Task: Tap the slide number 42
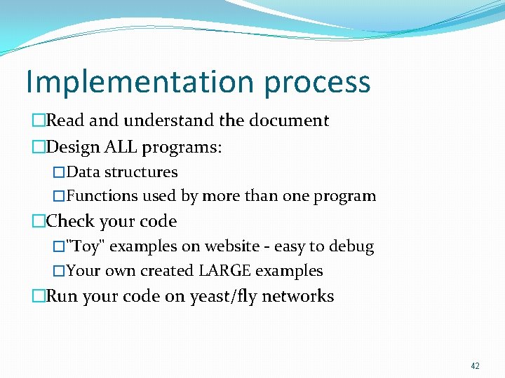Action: tap(475, 366)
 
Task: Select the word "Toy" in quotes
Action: tap(86, 246)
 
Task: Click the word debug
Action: tap(351, 247)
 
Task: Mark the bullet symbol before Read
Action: tap(38, 120)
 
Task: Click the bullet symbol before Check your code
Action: tap(38, 222)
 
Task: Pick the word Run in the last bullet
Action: tap(62, 296)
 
